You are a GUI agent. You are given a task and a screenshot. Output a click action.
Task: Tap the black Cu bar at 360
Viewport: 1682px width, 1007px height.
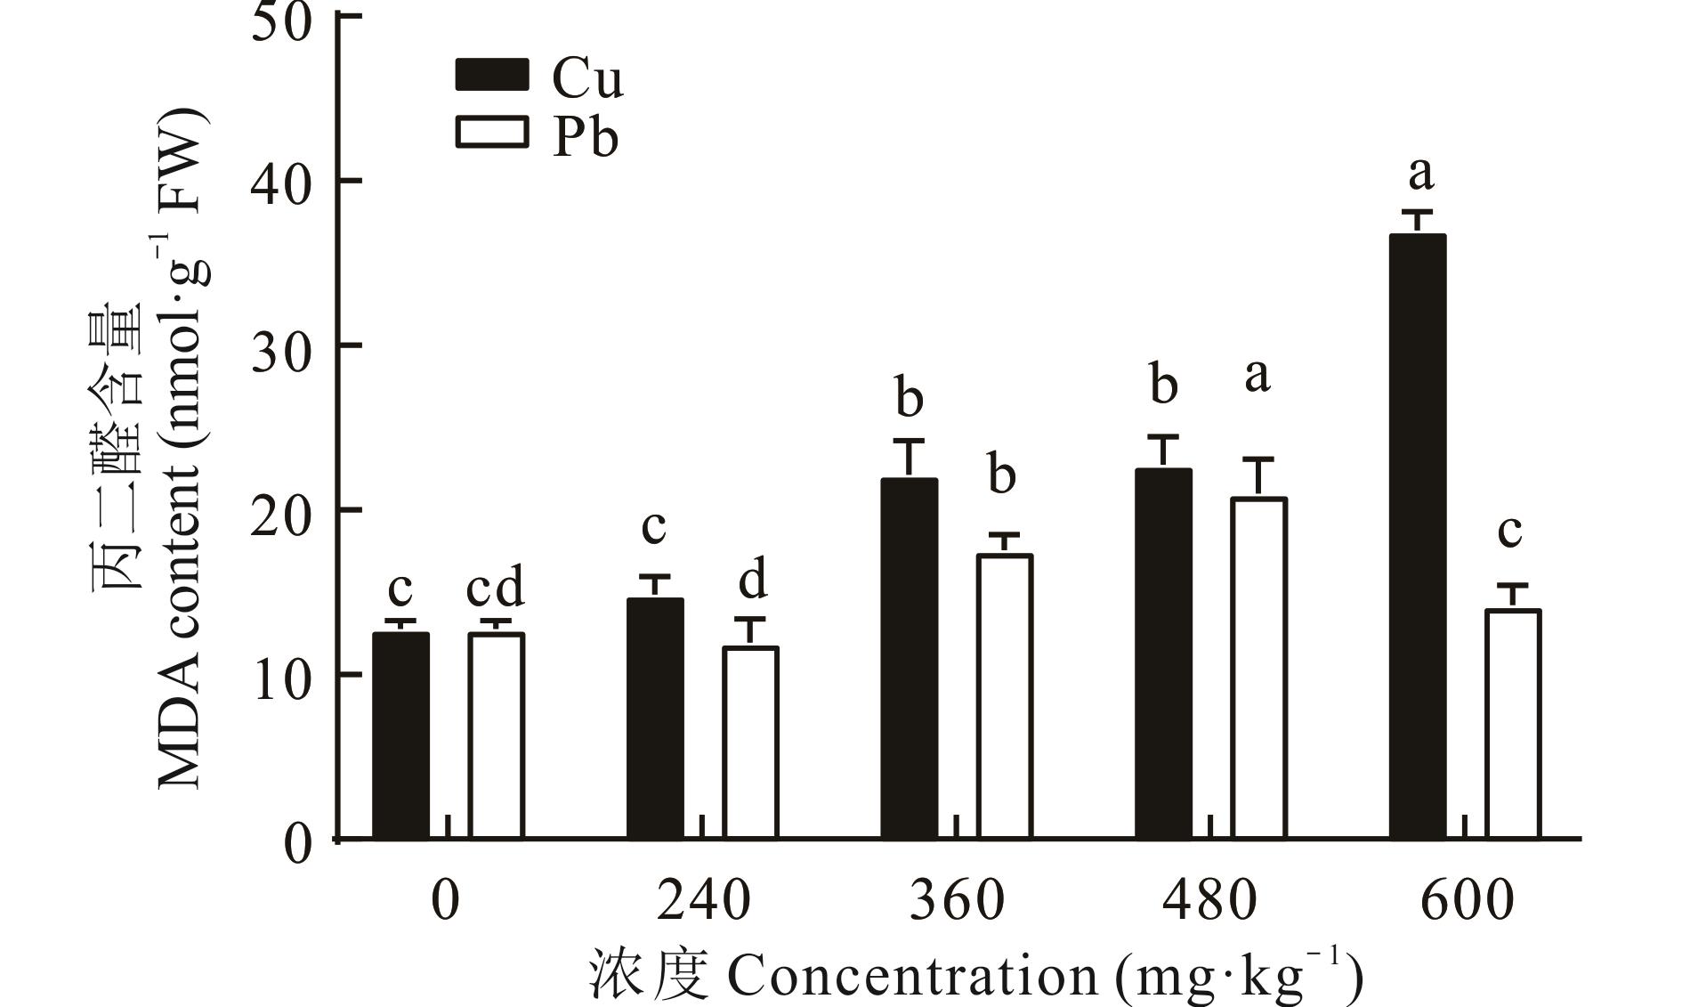(x=909, y=659)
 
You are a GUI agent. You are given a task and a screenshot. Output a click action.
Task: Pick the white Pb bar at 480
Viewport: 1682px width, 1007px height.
(x=1258, y=668)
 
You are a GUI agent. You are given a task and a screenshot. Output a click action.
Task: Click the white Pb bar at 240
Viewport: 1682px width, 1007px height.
(x=750, y=743)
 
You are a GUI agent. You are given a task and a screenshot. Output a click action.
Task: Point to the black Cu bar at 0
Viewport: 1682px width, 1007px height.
(x=400, y=735)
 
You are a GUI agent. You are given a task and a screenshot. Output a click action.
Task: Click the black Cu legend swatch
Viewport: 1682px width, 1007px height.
(x=491, y=75)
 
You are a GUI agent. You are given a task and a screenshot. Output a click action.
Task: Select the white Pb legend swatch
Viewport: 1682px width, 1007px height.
(x=491, y=134)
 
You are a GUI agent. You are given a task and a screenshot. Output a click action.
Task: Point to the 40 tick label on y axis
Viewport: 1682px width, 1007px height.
(x=281, y=182)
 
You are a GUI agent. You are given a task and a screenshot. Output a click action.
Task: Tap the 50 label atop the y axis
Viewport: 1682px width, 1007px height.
(x=281, y=20)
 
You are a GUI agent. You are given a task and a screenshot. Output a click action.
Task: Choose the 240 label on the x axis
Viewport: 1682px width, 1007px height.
(x=703, y=900)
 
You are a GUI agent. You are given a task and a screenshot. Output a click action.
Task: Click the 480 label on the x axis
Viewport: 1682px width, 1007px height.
(x=1210, y=900)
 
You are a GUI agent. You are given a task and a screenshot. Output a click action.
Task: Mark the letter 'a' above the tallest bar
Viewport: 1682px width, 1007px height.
(x=1420, y=173)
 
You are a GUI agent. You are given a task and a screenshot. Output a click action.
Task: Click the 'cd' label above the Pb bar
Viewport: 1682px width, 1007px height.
(x=496, y=588)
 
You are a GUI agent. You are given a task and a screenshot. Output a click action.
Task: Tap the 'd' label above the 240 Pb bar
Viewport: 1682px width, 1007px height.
(x=753, y=581)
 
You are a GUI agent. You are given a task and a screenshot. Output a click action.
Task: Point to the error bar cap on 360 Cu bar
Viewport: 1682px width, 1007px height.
(x=909, y=441)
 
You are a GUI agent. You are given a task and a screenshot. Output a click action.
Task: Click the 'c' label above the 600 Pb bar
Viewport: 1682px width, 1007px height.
(x=1509, y=532)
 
